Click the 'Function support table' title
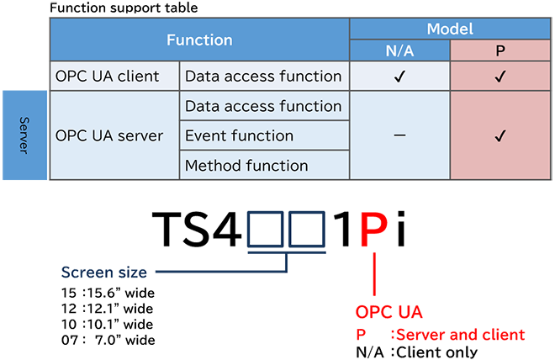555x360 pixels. (x=124, y=8)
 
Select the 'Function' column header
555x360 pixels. (x=199, y=40)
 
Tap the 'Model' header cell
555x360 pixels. (x=450, y=29)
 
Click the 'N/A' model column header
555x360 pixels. (x=399, y=50)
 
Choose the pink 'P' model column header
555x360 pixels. (x=500, y=50)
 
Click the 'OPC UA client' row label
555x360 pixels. (x=108, y=76)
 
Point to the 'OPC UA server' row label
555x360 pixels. (x=109, y=135)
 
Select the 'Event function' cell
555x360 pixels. (x=240, y=135)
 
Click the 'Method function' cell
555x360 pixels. (x=246, y=166)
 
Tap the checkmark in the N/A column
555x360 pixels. (x=399, y=76)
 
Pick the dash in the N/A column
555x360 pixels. (x=399, y=135)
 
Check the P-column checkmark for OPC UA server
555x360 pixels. (x=500, y=135)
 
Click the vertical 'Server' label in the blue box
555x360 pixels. (x=24, y=135)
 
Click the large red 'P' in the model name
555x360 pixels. (x=374, y=229)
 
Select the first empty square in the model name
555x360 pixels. (x=265, y=229)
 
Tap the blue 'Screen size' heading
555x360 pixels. (x=104, y=273)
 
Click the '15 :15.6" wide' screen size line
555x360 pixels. (x=108, y=293)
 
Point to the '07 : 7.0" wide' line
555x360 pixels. (x=108, y=340)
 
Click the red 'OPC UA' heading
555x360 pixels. (x=389, y=312)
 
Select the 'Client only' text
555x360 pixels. (x=437, y=352)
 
